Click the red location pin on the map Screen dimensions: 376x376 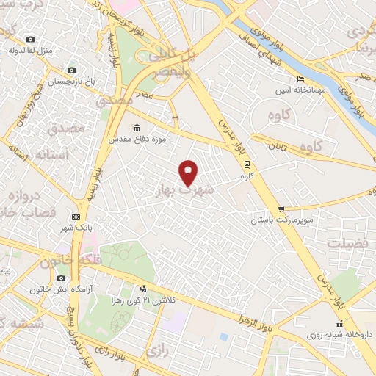point(189,171)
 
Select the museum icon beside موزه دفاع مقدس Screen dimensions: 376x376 point(137,126)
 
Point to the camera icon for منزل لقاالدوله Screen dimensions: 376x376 point(30,39)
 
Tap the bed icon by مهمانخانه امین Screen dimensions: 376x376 point(300,79)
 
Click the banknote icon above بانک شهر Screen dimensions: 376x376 point(76,217)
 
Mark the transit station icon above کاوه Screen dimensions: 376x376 point(247,164)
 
